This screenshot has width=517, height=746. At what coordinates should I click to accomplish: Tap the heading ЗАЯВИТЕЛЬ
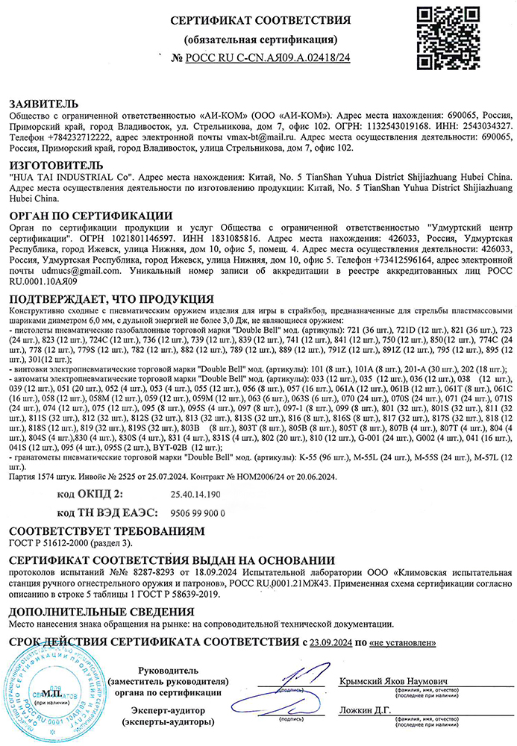pyautogui.click(x=43, y=103)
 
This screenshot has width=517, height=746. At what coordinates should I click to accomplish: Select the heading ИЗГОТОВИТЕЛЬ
pyautogui.click(x=54, y=165)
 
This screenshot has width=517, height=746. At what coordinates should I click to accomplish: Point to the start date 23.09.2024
pyautogui.click(x=330, y=642)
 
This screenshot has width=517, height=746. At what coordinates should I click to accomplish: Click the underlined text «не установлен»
pyautogui.click(x=401, y=642)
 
